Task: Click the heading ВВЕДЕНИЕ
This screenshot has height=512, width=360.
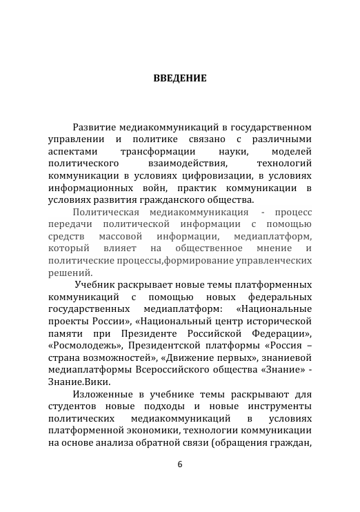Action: click(x=179, y=79)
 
